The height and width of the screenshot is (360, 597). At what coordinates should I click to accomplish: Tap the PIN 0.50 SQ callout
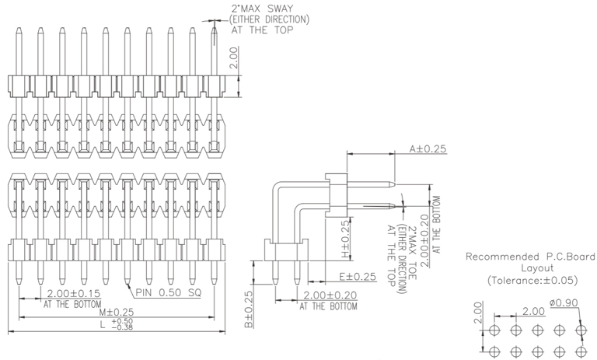169,293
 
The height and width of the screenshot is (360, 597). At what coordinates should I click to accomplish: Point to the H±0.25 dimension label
346,241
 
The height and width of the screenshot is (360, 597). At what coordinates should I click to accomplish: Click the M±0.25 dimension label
115,312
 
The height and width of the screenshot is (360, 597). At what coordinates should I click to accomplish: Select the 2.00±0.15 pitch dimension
75,293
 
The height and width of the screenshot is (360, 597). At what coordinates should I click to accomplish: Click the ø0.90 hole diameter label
565,302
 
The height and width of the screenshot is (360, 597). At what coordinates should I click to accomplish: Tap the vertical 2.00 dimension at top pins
235,58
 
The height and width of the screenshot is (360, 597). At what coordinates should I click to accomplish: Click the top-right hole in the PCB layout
579,330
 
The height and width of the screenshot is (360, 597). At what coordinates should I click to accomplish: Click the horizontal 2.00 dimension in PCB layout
533,311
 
